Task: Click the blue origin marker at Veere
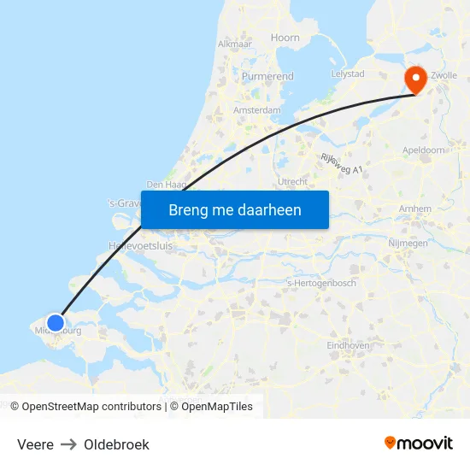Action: pos(56,323)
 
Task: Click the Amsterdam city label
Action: pos(257,110)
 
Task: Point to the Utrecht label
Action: pos(292,182)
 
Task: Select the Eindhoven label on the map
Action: pos(348,345)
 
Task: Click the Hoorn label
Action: pos(285,38)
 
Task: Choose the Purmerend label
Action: pos(267,76)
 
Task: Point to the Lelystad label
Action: pos(348,74)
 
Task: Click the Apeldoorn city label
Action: pos(424,150)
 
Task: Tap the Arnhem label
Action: pos(414,209)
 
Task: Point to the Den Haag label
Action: pos(166,184)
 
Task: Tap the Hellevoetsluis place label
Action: pos(141,245)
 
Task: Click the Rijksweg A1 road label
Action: pos(342,164)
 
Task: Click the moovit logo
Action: pos(419,443)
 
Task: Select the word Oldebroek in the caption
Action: pos(116,444)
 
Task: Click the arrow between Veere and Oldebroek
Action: pos(68,444)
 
